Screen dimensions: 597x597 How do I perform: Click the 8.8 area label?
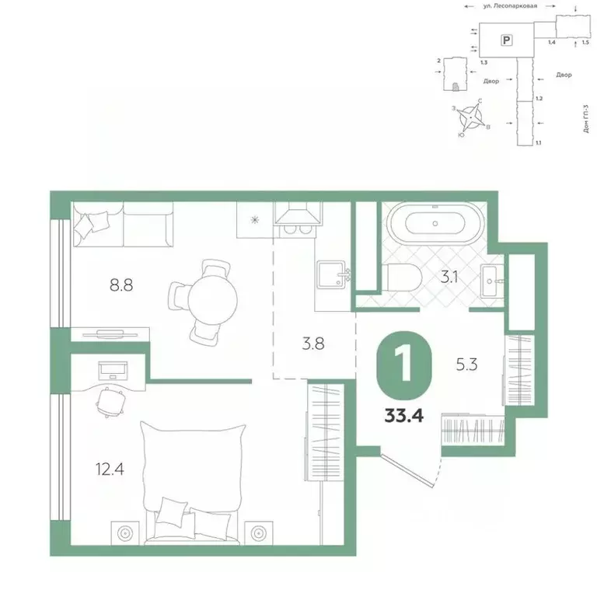tap(122, 285)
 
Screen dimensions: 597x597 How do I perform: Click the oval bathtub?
tap(435, 223)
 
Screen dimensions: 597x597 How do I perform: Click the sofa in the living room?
tap(123, 223)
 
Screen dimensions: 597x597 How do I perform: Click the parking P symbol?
tap(507, 39)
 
